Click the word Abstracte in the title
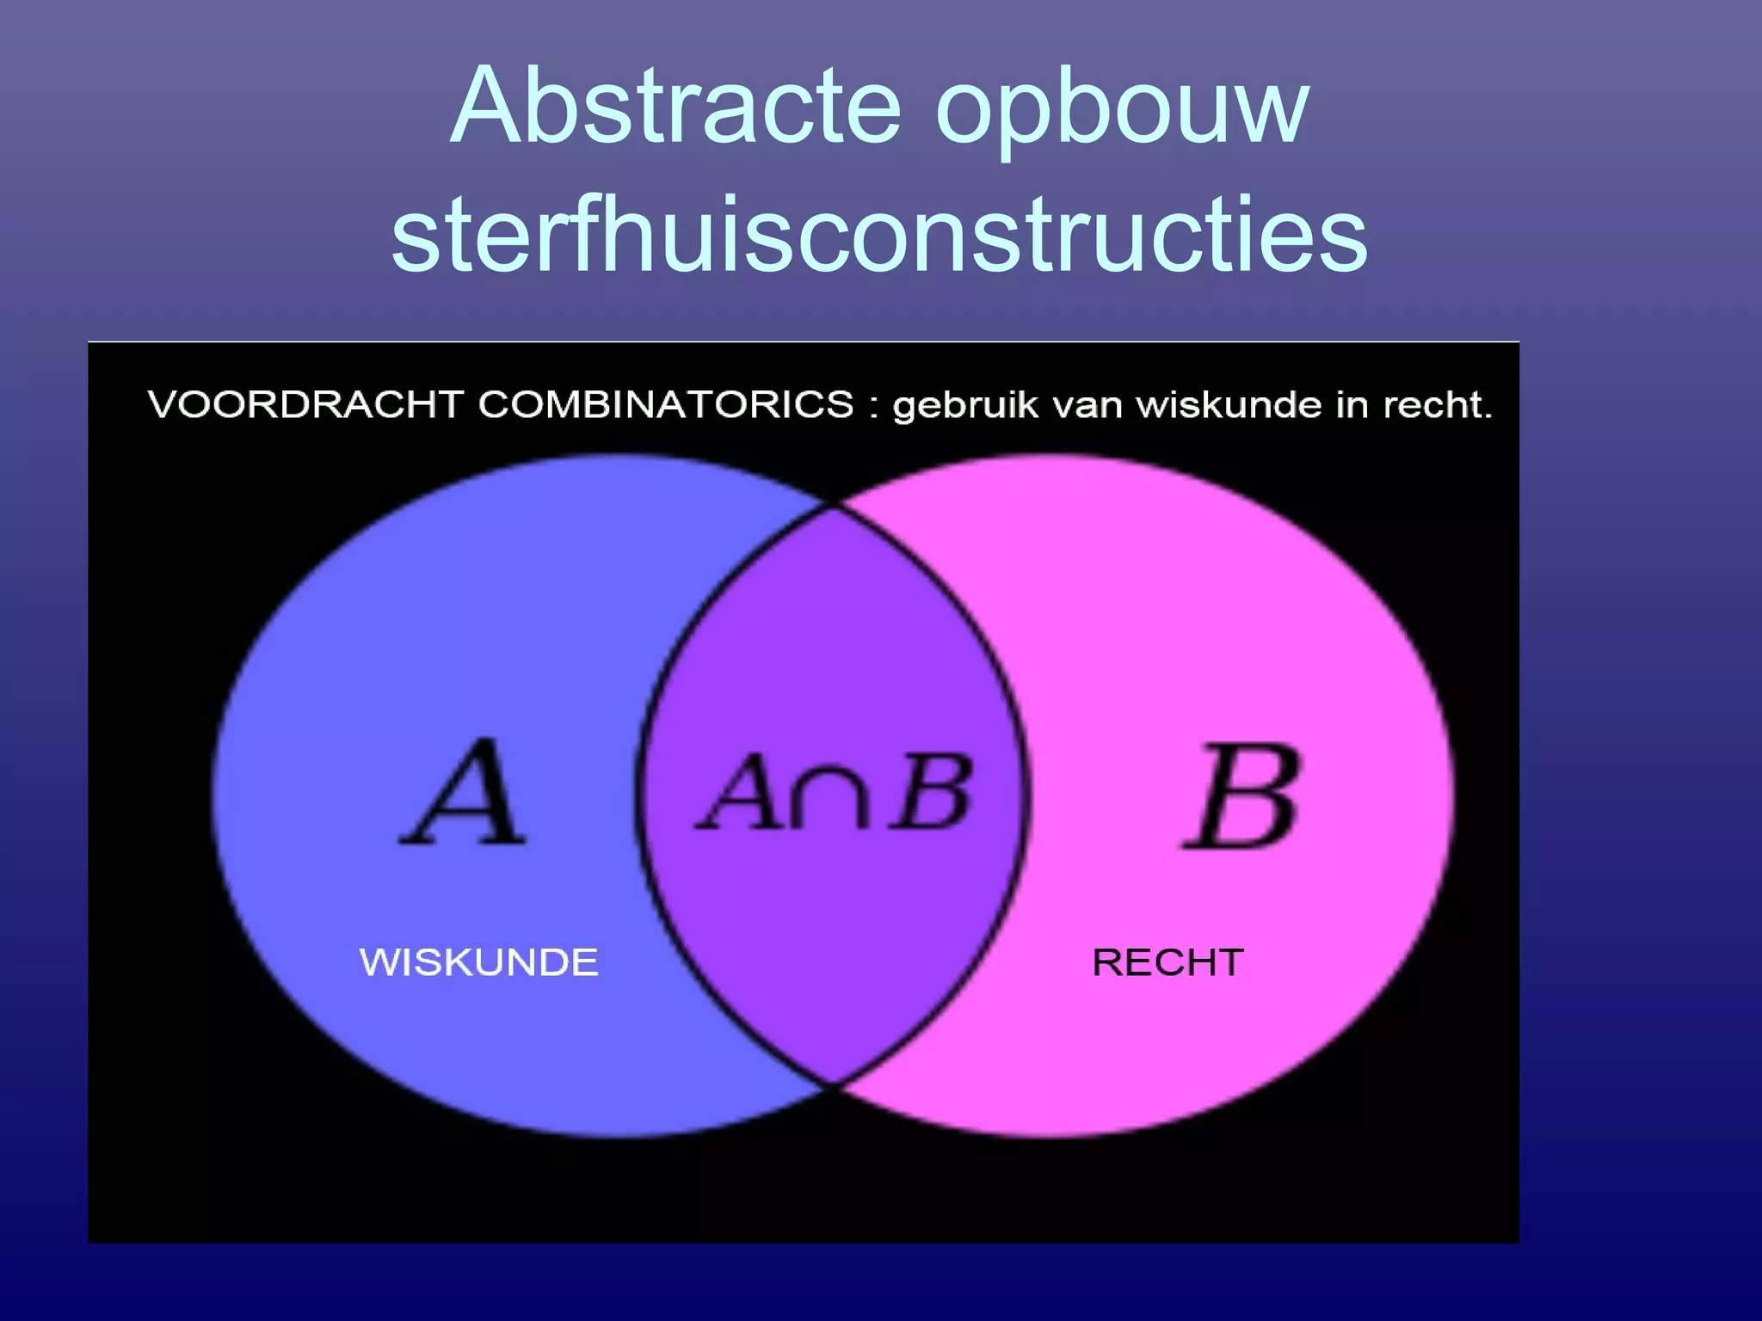coord(675,108)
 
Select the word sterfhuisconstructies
coord(879,234)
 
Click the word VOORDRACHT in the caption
coord(305,404)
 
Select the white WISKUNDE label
coord(478,962)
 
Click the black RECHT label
coord(1167,962)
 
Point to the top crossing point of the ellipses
coord(833,506)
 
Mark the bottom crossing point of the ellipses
coord(833,1085)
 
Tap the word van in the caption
coord(1087,406)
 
